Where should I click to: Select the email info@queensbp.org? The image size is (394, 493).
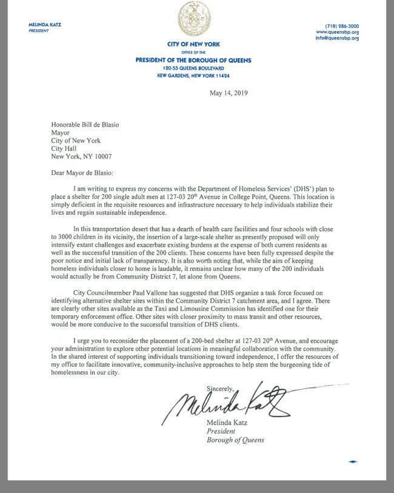tap(339, 38)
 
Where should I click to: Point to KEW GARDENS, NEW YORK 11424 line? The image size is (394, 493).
tap(198, 76)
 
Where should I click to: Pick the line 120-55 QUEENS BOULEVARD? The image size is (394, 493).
tap(198, 69)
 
